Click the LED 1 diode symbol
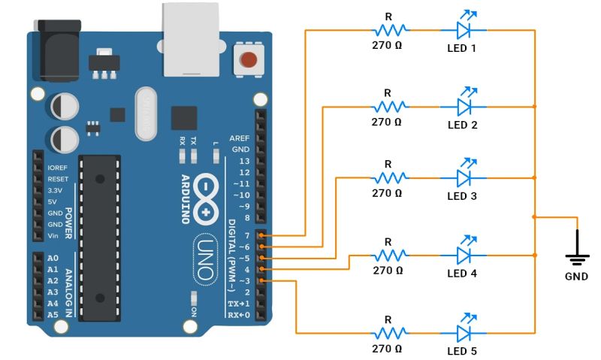pos(469,30)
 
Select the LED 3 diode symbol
pos(469,178)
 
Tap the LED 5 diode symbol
pos(469,333)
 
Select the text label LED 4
pos(462,273)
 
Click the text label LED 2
pos(462,125)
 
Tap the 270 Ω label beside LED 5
pos(388,349)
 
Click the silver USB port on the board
pos(189,38)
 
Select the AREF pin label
pos(240,139)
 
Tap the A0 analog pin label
pos(52,258)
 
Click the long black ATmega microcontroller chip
pos(100,233)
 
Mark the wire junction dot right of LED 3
pos(534,178)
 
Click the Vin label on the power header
pos(53,235)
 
